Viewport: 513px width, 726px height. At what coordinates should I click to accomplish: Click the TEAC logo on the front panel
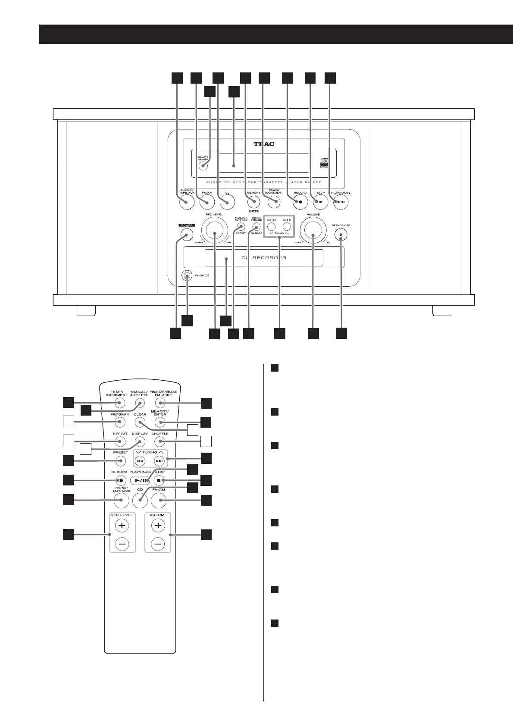(x=263, y=144)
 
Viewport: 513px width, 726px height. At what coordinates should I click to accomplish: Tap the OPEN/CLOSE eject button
(x=341, y=235)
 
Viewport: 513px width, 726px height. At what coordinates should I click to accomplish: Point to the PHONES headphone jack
(x=187, y=276)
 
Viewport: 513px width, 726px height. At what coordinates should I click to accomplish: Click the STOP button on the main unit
(x=320, y=202)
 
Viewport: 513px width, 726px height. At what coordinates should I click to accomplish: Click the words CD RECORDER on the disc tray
(x=263, y=258)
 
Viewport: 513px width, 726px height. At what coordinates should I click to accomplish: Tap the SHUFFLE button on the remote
(x=160, y=441)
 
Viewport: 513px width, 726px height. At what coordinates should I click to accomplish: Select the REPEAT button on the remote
(x=120, y=441)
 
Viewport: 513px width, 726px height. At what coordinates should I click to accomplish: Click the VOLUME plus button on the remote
(x=158, y=526)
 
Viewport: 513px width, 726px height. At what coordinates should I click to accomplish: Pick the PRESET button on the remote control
(x=120, y=461)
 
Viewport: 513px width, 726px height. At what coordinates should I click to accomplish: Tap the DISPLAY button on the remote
(x=140, y=441)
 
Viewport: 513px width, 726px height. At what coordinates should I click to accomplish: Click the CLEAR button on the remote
(x=140, y=422)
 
